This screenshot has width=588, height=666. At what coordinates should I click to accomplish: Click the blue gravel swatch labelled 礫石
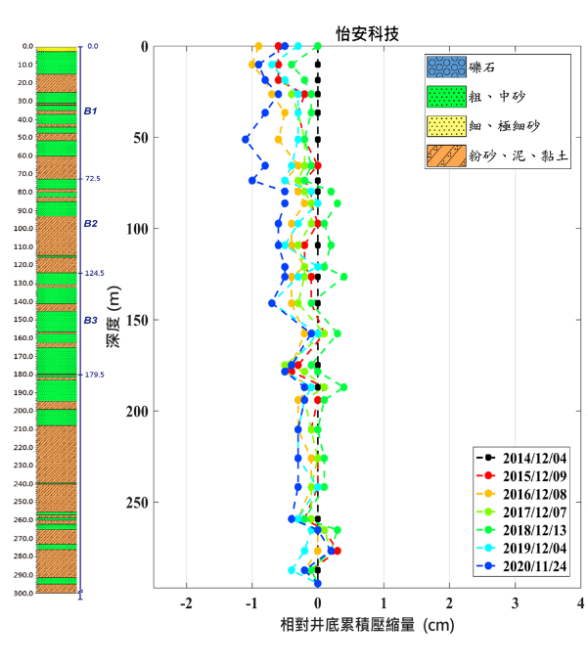(444, 67)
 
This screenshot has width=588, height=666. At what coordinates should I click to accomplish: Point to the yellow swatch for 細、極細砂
(444, 126)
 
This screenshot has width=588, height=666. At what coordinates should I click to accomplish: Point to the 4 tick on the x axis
(580, 602)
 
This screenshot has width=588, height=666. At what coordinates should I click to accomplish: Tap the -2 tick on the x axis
(187, 602)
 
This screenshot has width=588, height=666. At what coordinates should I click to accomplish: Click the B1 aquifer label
(90, 111)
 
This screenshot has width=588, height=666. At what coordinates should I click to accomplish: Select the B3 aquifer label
(90, 320)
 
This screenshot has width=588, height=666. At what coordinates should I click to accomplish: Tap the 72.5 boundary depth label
(93, 179)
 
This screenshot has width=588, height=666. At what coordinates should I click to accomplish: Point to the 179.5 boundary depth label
(95, 375)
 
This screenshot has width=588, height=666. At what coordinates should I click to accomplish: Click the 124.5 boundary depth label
(95, 274)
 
